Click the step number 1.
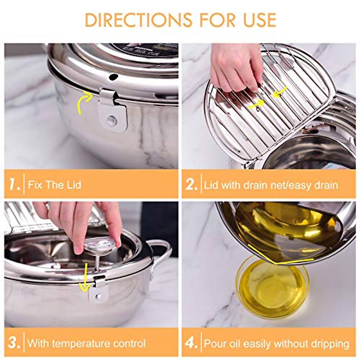13,184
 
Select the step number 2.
191,184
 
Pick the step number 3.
14,343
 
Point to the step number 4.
191,343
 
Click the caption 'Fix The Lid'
55,184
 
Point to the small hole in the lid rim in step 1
113,77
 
